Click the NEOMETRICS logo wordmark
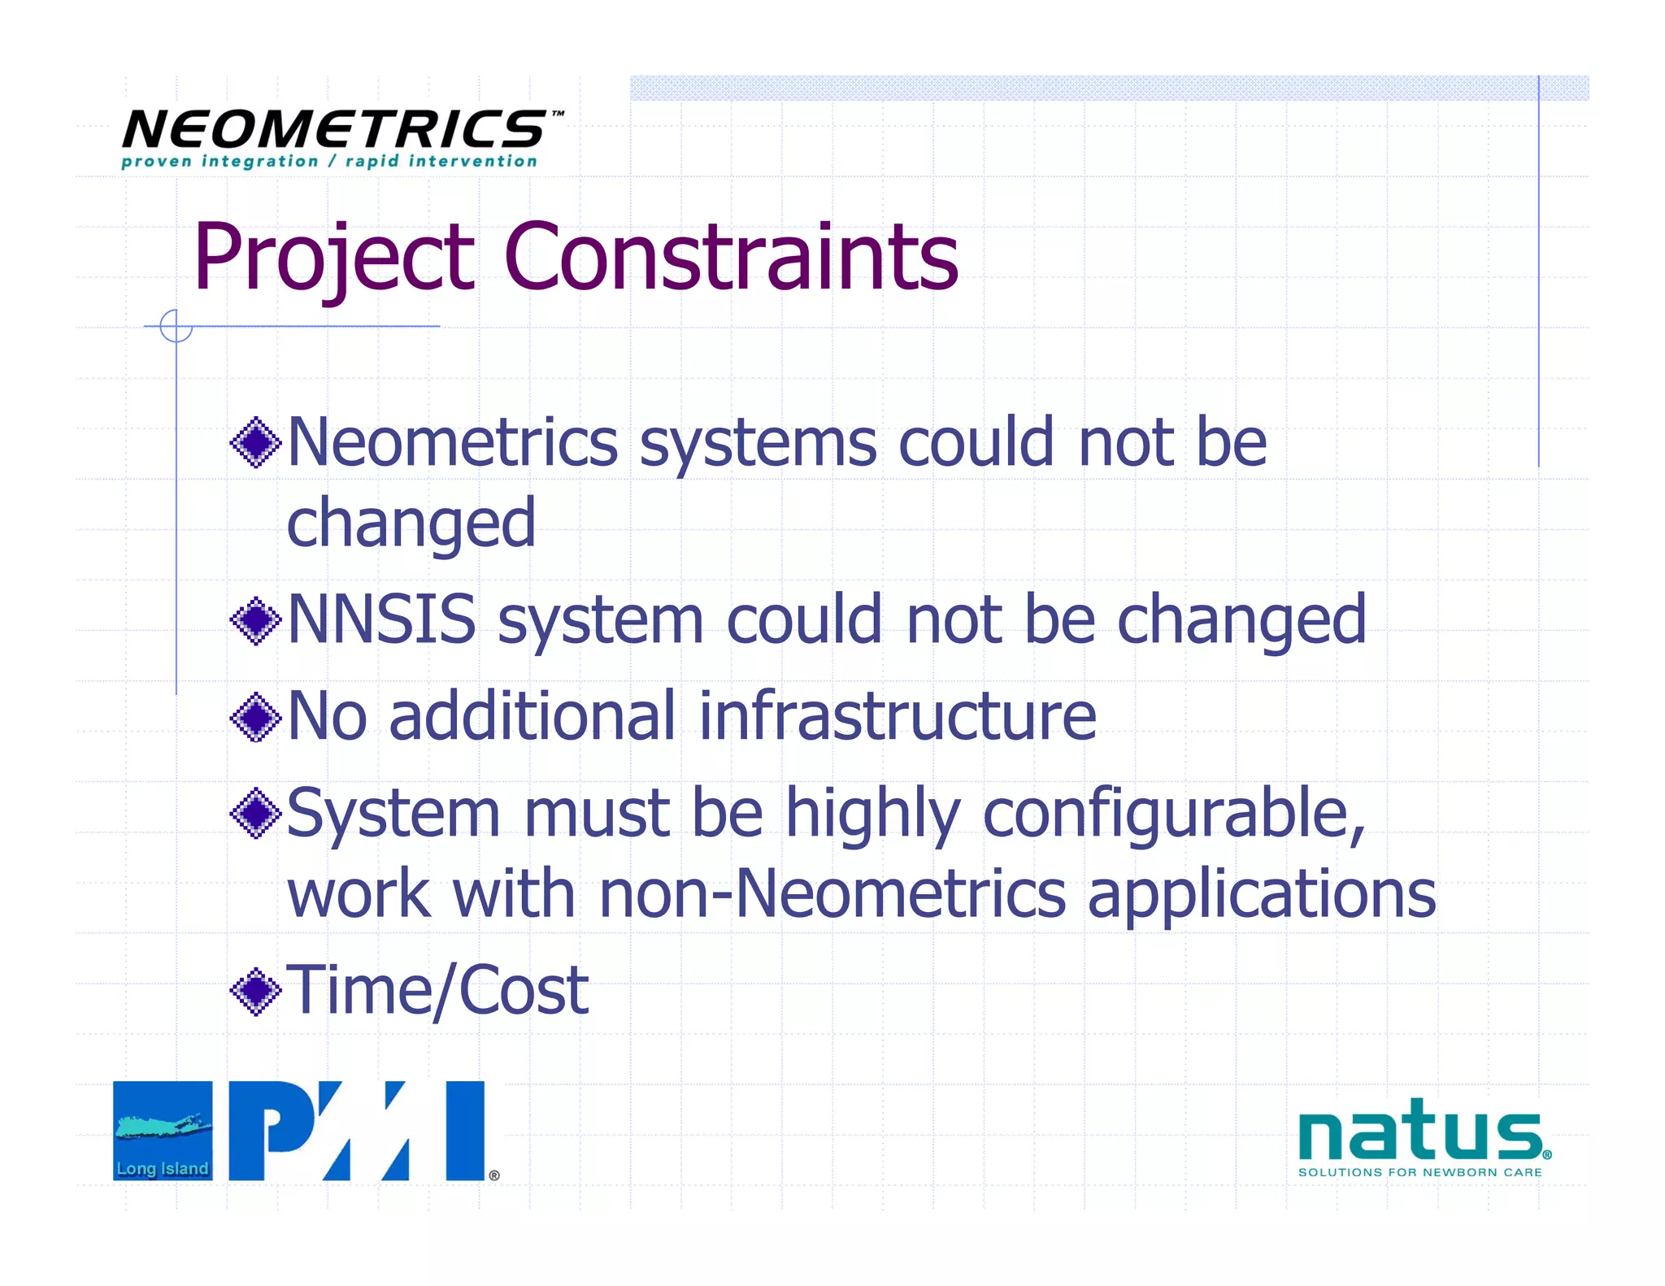(x=334, y=130)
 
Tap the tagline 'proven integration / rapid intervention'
(x=329, y=162)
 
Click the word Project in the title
(x=333, y=258)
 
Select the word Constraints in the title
(x=731, y=258)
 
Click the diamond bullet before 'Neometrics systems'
(x=256, y=442)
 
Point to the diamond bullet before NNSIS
(x=256, y=620)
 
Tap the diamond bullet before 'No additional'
(x=256, y=716)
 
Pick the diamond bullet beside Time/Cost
(x=256, y=991)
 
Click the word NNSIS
(x=382, y=619)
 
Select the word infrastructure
(x=898, y=716)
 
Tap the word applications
(x=1262, y=895)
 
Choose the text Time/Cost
(x=438, y=991)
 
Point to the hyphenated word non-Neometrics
(x=832, y=893)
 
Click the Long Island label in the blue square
(x=163, y=1168)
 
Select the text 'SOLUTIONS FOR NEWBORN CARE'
(x=1419, y=1172)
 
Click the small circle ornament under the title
(x=176, y=326)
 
